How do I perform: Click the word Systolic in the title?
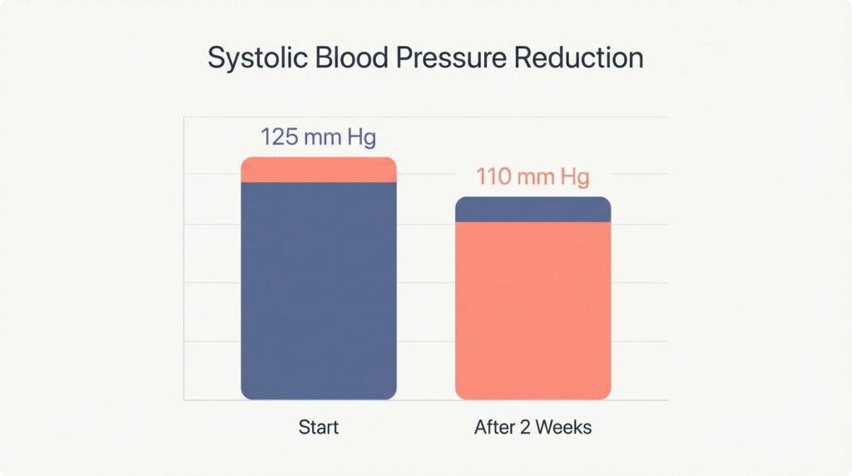tap(251, 59)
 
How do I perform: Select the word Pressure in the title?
tap(444, 58)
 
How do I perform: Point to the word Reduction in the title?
tap(579, 58)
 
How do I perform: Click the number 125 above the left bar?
tap(280, 136)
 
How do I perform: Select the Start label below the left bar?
tap(319, 428)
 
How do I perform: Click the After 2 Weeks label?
tap(532, 428)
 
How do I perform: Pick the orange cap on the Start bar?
tap(319, 170)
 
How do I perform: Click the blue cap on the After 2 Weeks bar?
tap(532, 210)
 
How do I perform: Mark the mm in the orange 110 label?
tap(534, 177)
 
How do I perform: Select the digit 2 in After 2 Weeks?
tap(520, 428)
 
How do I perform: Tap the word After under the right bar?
tap(493, 428)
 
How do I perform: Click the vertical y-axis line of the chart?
tap(184, 258)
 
